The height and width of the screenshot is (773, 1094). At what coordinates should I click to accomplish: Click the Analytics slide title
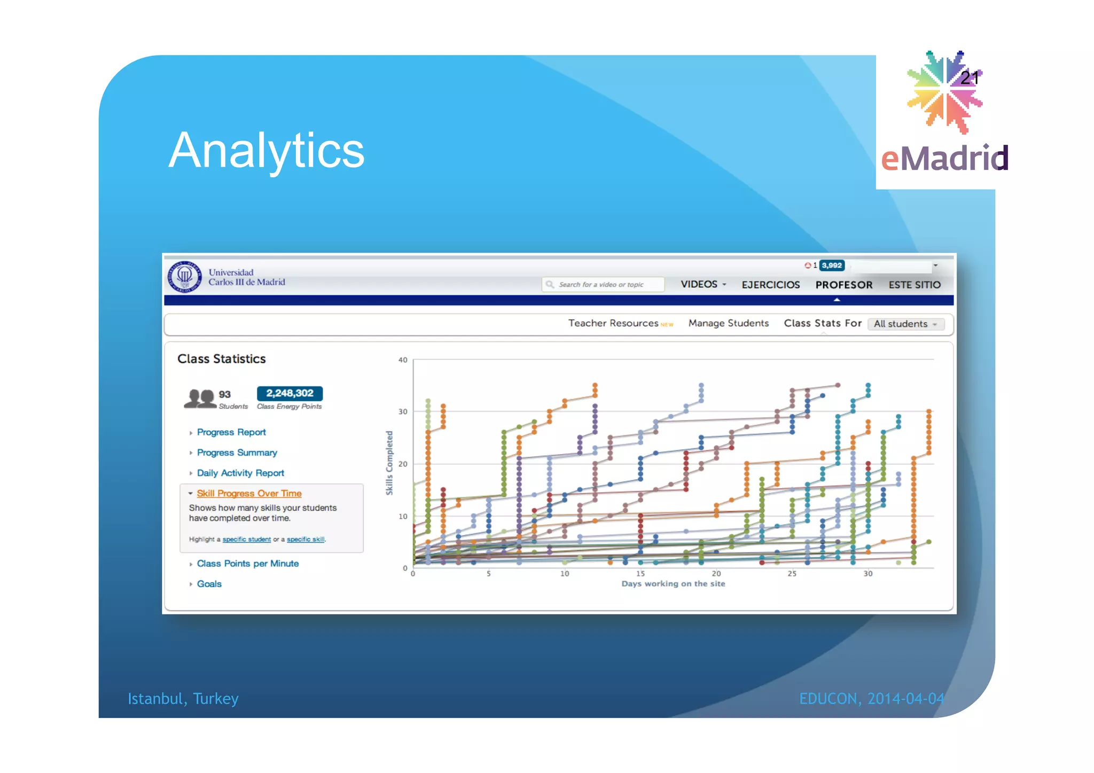point(266,151)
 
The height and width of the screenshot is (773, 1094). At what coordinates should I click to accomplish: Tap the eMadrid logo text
point(944,159)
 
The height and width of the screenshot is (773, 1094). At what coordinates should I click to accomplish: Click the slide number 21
point(969,79)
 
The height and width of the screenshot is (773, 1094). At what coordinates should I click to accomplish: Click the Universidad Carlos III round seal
point(185,277)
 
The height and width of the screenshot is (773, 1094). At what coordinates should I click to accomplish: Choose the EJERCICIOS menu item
point(770,285)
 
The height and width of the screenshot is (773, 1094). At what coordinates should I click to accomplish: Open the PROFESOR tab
point(843,285)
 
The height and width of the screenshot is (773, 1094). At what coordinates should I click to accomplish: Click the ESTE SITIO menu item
point(914,285)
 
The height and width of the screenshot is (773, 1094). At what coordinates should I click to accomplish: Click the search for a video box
point(604,285)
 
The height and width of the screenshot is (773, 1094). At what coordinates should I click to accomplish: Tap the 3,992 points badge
point(832,266)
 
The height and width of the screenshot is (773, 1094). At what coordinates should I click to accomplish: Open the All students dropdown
point(905,324)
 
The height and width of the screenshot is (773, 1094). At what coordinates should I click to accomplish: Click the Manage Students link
point(728,323)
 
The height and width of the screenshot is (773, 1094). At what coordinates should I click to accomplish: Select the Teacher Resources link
point(613,323)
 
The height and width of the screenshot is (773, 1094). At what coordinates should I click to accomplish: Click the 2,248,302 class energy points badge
point(290,393)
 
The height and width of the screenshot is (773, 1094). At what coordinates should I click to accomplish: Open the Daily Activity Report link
point(240,473)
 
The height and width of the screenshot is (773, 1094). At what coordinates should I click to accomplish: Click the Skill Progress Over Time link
point(249,494)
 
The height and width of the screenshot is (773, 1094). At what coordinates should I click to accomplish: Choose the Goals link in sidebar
point(209,584)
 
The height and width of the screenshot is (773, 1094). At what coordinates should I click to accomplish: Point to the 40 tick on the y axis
point(403,360)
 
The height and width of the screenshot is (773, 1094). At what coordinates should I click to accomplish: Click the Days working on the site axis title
point(673,584)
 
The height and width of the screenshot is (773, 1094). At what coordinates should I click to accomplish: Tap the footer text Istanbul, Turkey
point(183,699)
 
